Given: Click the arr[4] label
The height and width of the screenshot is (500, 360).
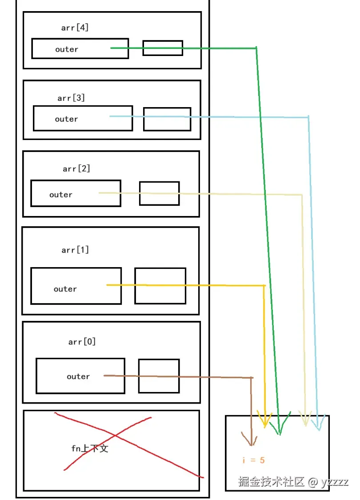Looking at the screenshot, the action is pos(75,28).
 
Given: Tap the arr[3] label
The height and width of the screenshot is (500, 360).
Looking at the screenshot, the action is pos(71,98).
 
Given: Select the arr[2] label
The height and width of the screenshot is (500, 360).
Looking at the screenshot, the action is pos(76,168).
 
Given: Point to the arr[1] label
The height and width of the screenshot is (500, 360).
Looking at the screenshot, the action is pos(75,250).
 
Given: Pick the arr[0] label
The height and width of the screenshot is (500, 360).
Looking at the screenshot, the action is pos(82,341).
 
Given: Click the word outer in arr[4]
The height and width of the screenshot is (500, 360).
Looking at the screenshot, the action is pos(67,49).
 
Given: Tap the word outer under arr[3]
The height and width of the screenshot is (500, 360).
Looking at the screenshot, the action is pos(66,119).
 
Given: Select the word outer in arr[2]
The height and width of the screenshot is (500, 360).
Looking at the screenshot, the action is pos(60,195).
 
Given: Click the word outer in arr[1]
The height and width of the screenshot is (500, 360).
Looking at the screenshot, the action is pos(65,289).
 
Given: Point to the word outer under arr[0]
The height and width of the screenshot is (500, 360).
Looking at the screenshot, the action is pos(78,376).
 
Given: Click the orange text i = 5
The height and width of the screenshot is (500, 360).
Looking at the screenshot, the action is pos(253,460).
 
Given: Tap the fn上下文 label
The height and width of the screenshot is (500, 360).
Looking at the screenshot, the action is pos(90,448).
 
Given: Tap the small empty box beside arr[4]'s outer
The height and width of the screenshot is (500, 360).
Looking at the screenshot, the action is pos(163,48).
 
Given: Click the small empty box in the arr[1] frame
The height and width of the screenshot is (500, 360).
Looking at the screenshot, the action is pos(160,286).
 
